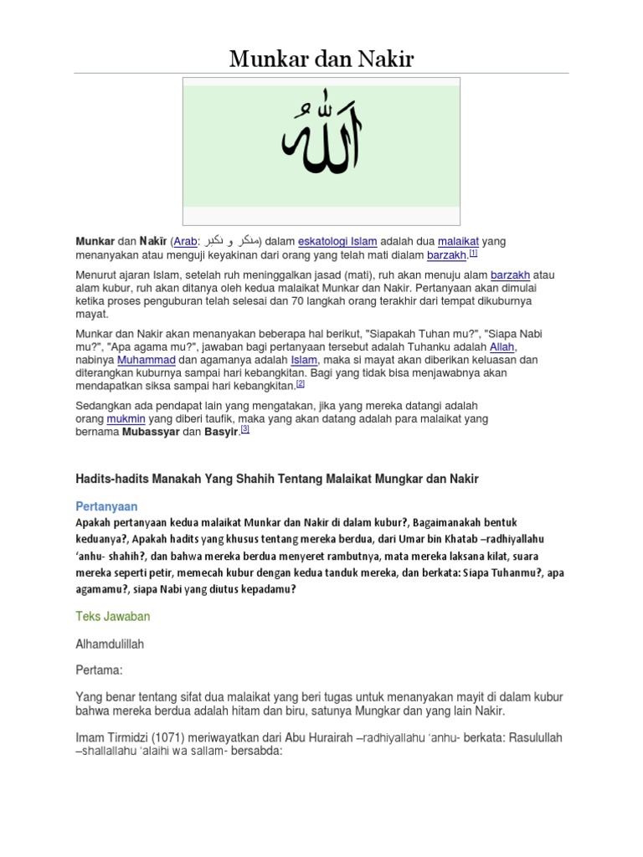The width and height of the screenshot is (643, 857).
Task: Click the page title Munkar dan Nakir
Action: tap(321, 59)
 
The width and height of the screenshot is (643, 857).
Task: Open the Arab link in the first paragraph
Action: tap(186, 241)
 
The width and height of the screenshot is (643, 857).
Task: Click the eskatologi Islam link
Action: tap(334, 241)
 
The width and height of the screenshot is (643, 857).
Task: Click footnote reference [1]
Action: tap(472, 253)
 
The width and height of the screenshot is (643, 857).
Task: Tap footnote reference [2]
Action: tap(301, 384)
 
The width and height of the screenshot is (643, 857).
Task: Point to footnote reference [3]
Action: tap(245, 429)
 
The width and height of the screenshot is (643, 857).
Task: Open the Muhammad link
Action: tap(144, 361)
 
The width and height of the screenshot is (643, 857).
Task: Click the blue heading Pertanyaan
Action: tap(107, 507)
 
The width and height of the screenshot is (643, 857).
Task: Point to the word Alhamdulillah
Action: tap(115, 645)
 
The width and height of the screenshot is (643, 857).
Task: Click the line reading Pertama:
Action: tap(99, 670)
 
